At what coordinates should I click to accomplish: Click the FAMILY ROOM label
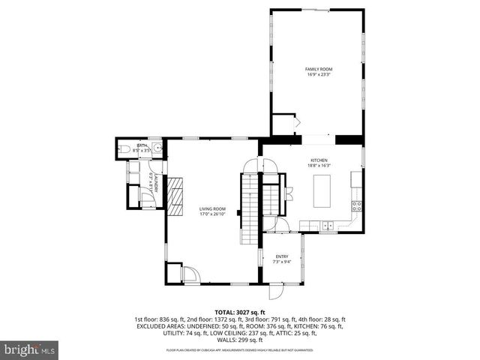(318, 69)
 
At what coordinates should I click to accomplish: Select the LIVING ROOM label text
(212, 208)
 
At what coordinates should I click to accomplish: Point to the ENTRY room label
(281, 256)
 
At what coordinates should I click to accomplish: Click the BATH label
(142, 145)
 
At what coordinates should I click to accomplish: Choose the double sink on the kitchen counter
(328, 225)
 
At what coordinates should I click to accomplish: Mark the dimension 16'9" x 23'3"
(318, 74)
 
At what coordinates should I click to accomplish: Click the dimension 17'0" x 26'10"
(212, 214)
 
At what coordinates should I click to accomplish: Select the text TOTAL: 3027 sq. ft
(240, 312)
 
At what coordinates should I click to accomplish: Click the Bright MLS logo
(29, 349)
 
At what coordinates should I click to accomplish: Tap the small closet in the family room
(283, 124)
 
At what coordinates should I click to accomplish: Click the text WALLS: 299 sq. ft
(240, 338)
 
